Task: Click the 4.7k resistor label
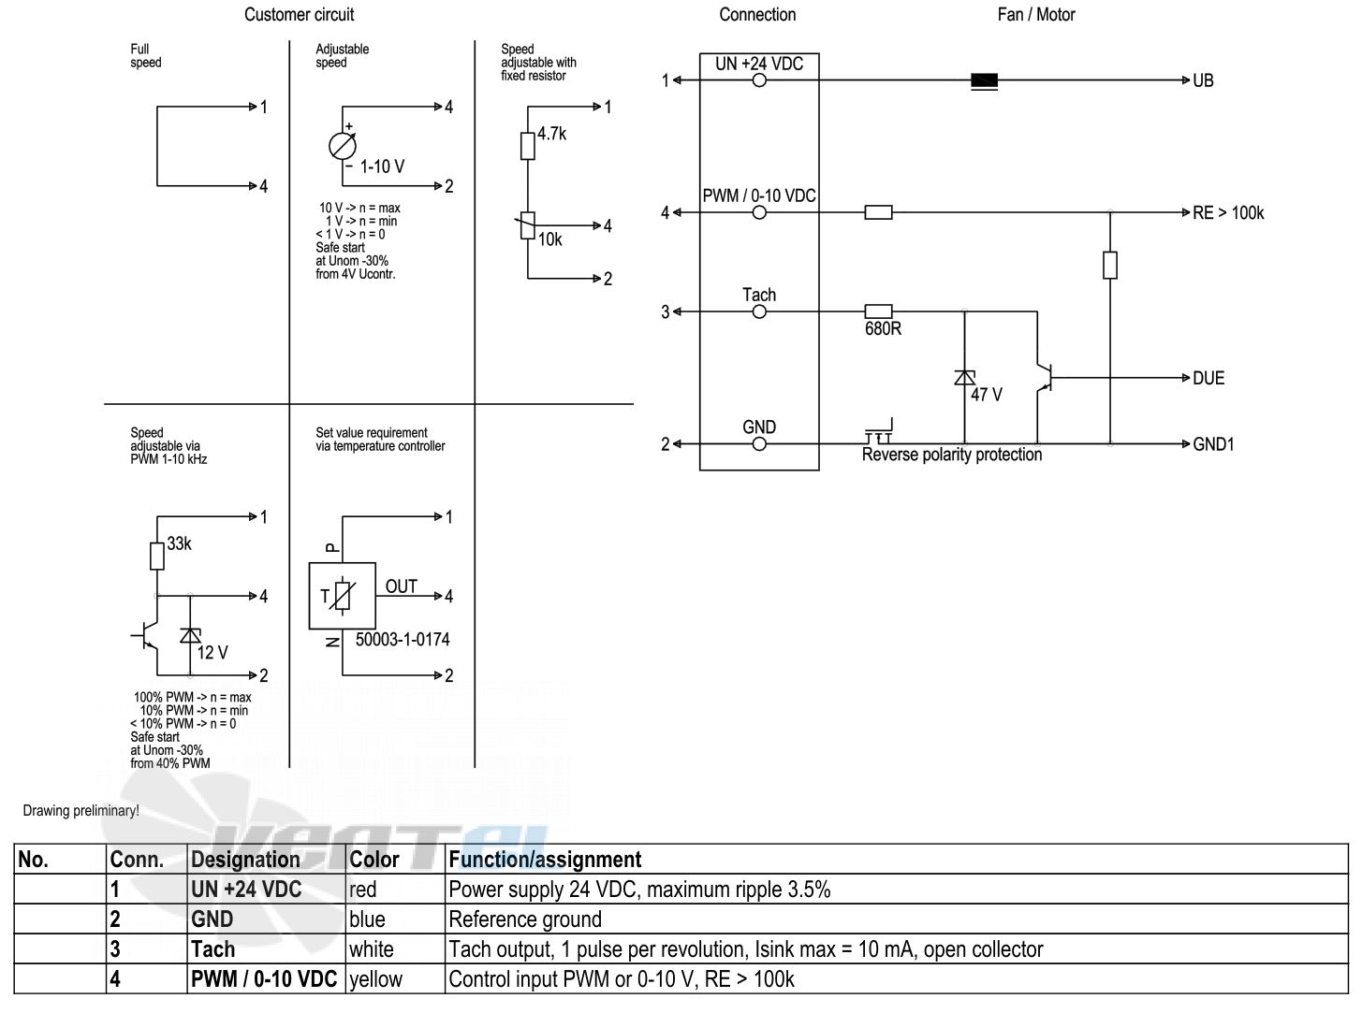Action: pos(551,133)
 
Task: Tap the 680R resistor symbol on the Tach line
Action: pos(878,311)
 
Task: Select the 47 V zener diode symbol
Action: pos(964,377)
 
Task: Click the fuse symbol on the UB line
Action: pos(984,80)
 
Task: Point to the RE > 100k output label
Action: pos(1227,213)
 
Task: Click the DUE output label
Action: pos(1208,378)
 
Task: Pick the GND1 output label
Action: pos(1213,444)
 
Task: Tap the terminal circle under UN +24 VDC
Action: pos(759,80)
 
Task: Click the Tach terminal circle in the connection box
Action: pos(759,311)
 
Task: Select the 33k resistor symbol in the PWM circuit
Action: pos(157,557)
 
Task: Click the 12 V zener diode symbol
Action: pos(190,635)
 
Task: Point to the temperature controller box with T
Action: pos(342,596)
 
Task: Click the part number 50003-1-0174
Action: pos(403,640)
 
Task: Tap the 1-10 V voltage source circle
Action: pos(342,147)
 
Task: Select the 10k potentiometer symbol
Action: pos(528,225)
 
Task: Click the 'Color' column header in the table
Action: pos(374,859)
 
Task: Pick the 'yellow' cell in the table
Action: pos(375,979)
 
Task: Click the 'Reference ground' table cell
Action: pos(525,919)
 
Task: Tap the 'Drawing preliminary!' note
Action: pos(81,811)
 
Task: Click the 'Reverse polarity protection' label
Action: pos(952,455)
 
